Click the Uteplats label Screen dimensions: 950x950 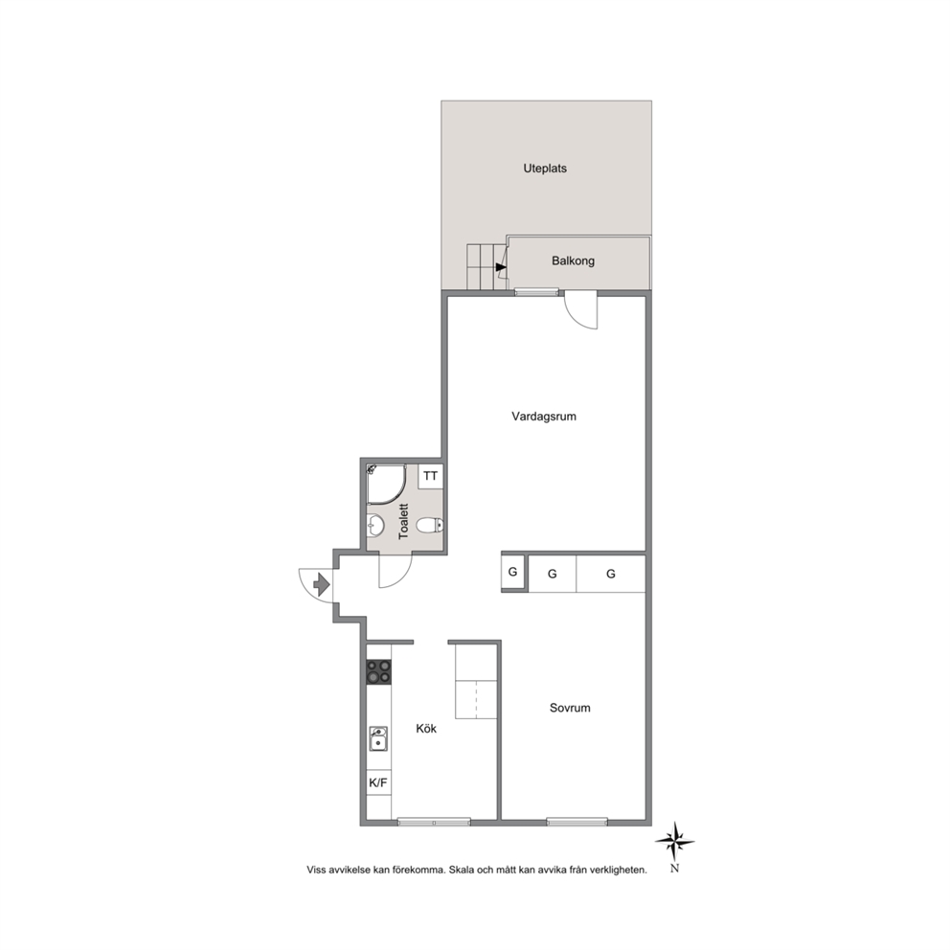(545, 169)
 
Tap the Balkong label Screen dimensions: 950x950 (573, 261)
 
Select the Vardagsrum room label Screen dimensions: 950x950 (543, 417)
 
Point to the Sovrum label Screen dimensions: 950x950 (570, 708)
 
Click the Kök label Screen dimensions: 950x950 (426, 728)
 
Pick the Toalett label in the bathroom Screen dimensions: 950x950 (404, 522)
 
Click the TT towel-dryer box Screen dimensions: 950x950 (431, 476)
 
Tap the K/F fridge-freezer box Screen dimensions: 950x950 (378, 782)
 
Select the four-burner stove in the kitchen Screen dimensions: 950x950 (378, 672)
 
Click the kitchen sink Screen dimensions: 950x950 (378, 738)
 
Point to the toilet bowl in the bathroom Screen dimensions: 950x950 (430, 525)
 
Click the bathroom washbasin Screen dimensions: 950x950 (375, 525)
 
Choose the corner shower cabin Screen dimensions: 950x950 (386, 484)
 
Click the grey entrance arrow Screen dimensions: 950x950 (321, 585)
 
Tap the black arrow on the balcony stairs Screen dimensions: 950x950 (501, 267)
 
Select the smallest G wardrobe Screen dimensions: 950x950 (513, 572)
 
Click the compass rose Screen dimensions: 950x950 (675, 842)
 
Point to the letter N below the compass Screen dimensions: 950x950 (675, 869)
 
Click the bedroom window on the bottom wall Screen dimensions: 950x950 (577, 822)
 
